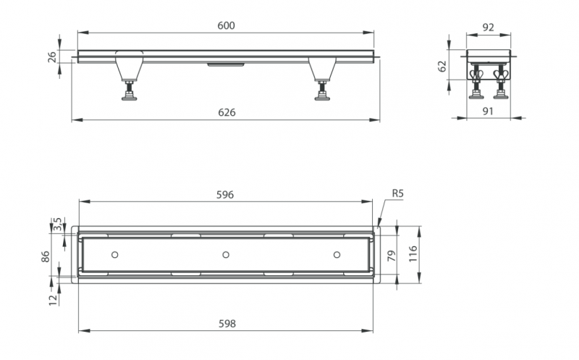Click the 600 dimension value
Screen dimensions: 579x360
click(226, 25)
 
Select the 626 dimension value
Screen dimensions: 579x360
click(227, 112)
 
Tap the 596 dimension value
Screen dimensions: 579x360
click(225, 195)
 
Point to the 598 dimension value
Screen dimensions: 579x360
click(227, 324)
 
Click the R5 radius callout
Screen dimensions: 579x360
click(397, 193)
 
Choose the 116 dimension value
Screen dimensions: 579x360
click(413, 254)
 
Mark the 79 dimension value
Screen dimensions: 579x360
click(392, 256)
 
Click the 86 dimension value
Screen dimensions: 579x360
click(45, 256)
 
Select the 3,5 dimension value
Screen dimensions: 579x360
click(58, 225)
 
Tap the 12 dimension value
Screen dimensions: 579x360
click(54, 299)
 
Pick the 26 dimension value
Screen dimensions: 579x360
click(52, 57)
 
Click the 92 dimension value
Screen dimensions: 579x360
click(488, 27)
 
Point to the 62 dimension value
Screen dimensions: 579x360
click(442, 67)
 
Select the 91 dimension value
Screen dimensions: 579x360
click(488, 111)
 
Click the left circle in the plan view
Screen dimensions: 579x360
click(115, 255)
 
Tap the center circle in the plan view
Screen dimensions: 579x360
click(226, 255)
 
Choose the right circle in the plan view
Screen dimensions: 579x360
click(337, 255)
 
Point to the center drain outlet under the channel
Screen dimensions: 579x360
click(226, 65)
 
